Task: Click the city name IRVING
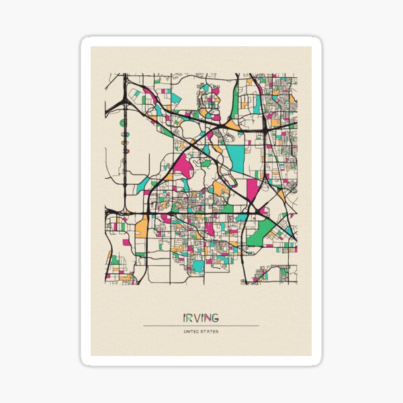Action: [x=200, y=317]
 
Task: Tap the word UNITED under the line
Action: [x=191, y=331]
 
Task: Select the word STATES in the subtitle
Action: [x=210, y=331]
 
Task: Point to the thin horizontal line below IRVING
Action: [x=200, y=326]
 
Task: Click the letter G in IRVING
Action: [x=214, y=317]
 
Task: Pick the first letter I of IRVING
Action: [x=184, y=317]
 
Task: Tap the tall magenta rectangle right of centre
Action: [x=252, y=189]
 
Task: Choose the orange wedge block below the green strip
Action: [x=232, y=124]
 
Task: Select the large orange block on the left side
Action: [x=142, y=228]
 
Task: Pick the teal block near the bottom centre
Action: [x=198, y=266]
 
